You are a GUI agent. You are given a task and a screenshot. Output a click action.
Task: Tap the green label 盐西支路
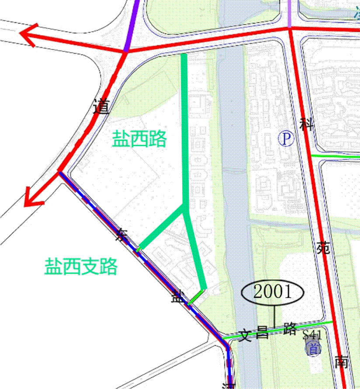click(81, 266)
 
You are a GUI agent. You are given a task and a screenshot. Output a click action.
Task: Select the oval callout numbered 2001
click(272, 292)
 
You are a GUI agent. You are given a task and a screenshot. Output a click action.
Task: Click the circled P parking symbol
click(286, 139)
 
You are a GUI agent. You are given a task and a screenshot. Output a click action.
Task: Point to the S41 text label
click(312, 335)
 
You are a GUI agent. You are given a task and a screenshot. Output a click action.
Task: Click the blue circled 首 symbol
click(313, 348)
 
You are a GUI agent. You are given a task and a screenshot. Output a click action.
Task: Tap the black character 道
click(101, 107)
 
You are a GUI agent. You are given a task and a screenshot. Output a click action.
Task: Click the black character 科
click(307, 124)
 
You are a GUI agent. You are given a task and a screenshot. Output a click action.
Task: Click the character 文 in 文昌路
click(246, 336)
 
